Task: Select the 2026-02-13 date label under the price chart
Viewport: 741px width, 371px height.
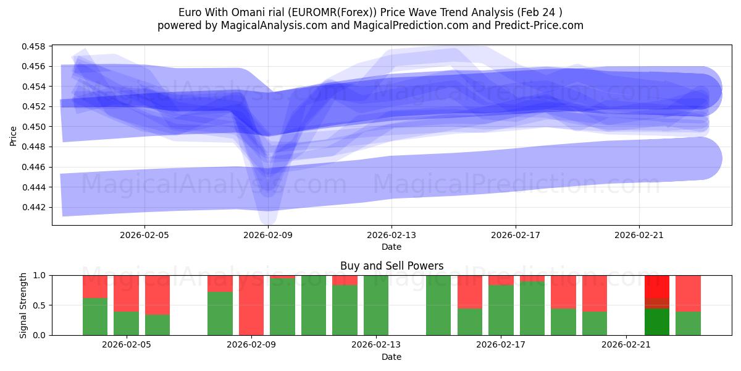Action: (x=391, y=235)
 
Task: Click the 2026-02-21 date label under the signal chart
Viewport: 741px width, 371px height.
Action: (x=626, y=345)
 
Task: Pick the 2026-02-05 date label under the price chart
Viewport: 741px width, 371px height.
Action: (x=144, y=235)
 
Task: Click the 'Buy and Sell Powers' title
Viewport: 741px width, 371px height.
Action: (x=391, y=267)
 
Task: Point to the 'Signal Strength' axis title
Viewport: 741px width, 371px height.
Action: (x=23, y=305)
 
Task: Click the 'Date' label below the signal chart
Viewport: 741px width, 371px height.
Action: (x=391, y=357)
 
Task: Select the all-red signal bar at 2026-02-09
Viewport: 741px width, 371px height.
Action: (x=251, y=305)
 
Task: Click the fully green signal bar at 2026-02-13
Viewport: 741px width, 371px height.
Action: (x=376, y=305)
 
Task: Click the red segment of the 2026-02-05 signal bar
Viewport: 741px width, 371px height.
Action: (x=126, y=293)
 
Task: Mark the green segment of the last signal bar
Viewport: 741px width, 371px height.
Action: (x=688, y=323)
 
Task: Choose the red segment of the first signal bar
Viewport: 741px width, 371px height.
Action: (x=95, y=286)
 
